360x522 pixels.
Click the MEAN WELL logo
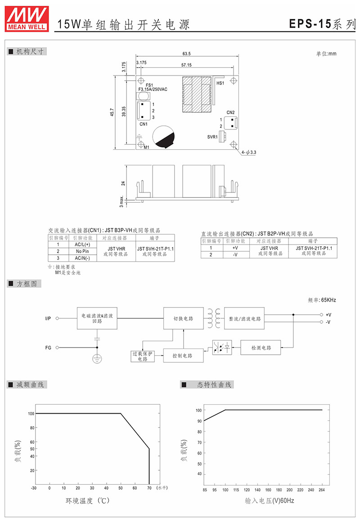(x=27, y=18)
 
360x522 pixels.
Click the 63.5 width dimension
(x=186, y=54)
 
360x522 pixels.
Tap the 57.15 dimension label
(x=186, y=65)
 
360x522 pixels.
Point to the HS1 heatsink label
(x=220, y=83)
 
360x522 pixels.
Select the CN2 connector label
(x=230, y=112)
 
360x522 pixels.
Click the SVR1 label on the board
(x=212, y=137)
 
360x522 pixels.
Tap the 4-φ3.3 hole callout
(x=249, y=152)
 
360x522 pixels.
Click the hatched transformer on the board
(x=197, y=95)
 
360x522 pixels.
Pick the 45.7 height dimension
(x=112, y=112)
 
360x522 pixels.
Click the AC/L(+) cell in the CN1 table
(x=82, y=244)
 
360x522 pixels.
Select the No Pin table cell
(x=82, y=251)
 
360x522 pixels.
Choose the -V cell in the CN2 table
(x=235, y=254)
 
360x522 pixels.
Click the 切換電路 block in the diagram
(x=183, y=319)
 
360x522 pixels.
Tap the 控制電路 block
(x=183, y=356)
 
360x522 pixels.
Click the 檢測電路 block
(x=261, y=348)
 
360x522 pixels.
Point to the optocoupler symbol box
(x=222, y=348)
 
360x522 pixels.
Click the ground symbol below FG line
(x=97, y=359)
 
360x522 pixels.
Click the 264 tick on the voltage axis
(x=322, y=490)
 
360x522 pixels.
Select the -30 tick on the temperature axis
(x=34, y=488)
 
